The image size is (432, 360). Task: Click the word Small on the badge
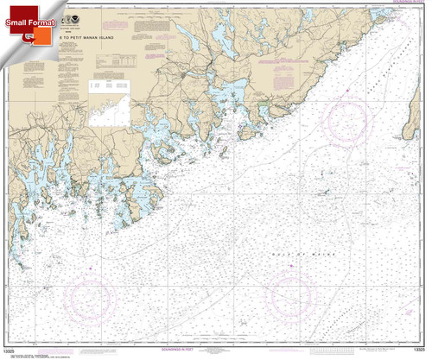(15, 20)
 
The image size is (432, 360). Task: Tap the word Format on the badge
(41, 20)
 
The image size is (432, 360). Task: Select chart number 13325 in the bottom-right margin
(413, 348)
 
